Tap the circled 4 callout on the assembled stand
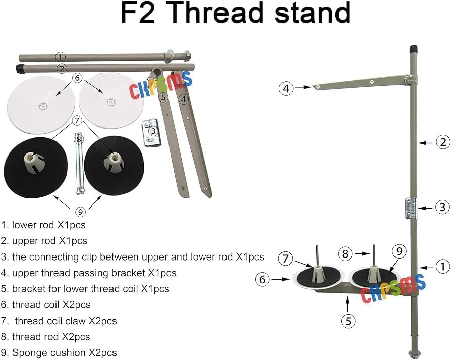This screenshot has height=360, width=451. [x=286, y=89]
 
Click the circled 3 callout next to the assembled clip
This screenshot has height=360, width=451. [x=442, y=207]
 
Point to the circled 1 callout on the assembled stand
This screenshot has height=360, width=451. [x=442, y=266]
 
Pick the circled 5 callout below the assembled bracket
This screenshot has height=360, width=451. [x=348, y=320]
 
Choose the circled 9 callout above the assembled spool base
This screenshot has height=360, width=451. [x=398, y=250]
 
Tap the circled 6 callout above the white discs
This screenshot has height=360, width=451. [x=77, y=78]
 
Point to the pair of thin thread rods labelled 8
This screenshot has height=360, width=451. [x=79, y=164]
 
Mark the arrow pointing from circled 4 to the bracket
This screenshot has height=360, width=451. [x=303, y=88]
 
